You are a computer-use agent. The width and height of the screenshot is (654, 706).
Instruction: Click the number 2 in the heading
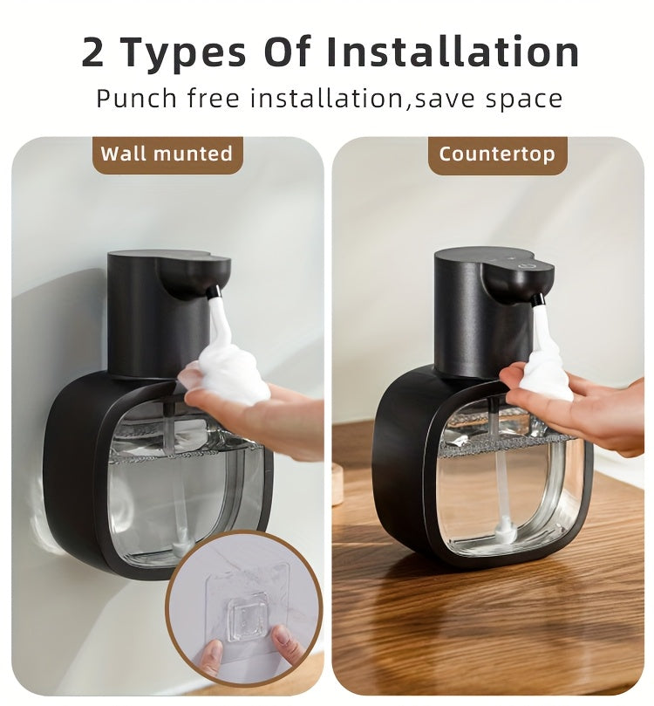pyautogui.click(x=93, y=52)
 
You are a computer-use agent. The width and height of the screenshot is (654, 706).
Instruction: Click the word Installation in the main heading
pyautogui.click(x=453, y=52)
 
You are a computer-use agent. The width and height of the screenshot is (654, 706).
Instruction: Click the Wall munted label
pyautogui.click(x=167, y=154)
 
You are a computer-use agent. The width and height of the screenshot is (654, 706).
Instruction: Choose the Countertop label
pyautogui.click(x=496, y=154)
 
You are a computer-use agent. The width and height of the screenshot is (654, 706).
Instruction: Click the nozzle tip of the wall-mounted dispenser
pyautogui.click(x=214, y=291)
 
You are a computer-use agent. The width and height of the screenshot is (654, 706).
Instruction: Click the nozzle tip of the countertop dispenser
pyautogui.click(x=539, y=300)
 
